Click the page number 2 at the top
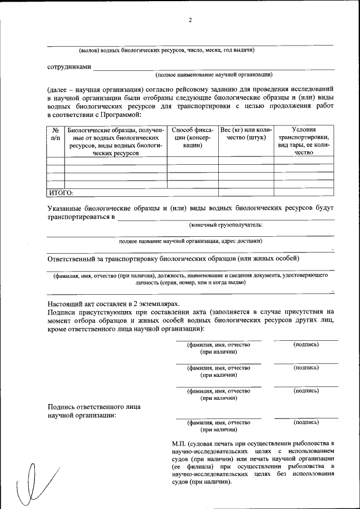click(x=190, y=21)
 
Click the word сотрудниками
click(x=69, y=66)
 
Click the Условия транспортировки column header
click(x=303, y=141)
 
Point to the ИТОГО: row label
click(x=61, y=192)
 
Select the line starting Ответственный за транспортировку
click(x=173, y=259)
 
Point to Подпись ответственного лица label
click(x=94, y=407)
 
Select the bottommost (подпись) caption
click(x=306, y=422)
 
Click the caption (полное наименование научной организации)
click(x=214, y=74)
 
